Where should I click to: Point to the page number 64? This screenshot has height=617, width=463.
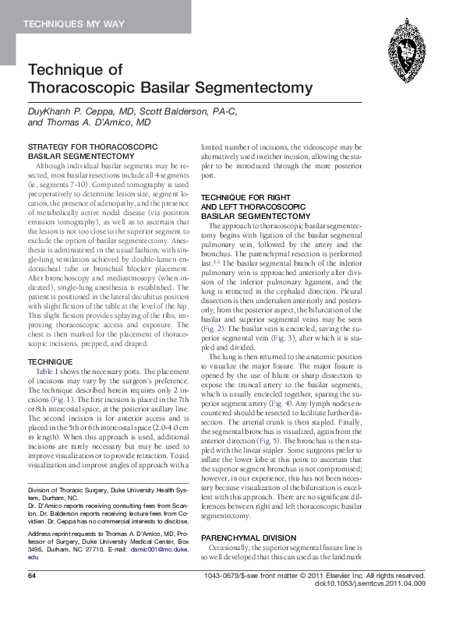pyautogui.click(x=33, y=598)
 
